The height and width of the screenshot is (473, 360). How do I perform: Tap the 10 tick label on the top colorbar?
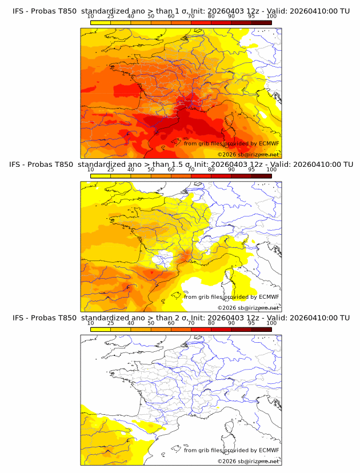pyautogui.click(x=91, y=17)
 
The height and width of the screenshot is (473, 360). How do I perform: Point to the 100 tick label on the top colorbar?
pyautogui.click(x=271, y=17)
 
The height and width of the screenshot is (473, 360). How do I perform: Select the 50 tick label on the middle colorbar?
pyautogui.click(x=151, y=170)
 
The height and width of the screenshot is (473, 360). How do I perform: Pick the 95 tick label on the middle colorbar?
pyautogui.click(x=251, y=170)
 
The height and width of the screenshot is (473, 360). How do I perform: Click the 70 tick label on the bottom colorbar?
pyautogui.click(x=191, y=323)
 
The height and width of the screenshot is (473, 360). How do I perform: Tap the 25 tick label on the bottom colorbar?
pyautogui.click(x=111, y=323)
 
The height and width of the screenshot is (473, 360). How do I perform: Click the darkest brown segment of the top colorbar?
pyautogui.click(x=261, y=22)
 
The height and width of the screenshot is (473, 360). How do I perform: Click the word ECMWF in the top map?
pyautogui.click(x=269, y=143)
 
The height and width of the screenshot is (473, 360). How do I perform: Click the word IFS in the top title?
pyautogui.click(x=18, y=11)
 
